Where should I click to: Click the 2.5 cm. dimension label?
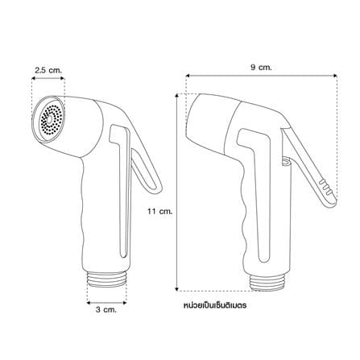(x=48, y=70)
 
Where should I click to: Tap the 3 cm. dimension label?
(x=106, y=309)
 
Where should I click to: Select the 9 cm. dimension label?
(x=261, y=67)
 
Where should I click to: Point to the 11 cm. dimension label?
(x=159, y=211)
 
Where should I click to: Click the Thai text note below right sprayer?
(x=215, y=305)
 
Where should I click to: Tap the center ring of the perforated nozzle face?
(x=50, y=119)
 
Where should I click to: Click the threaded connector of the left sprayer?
(x=107, y=280)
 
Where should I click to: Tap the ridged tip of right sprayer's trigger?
(x=328, y=191)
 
